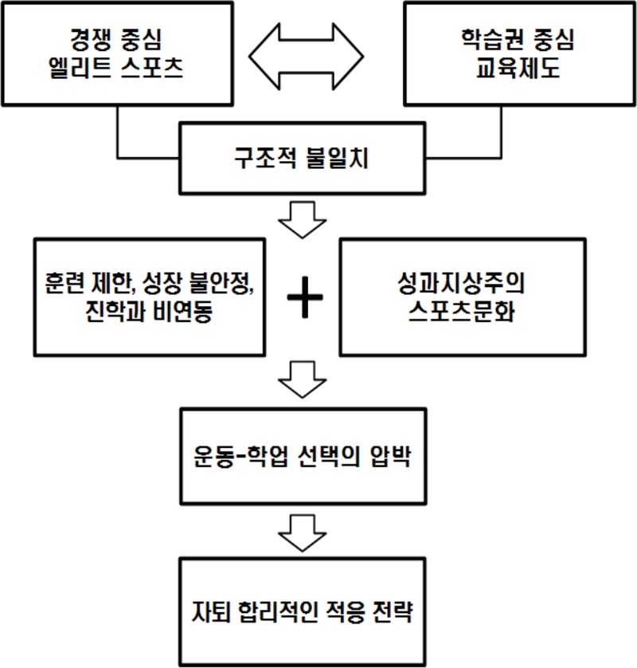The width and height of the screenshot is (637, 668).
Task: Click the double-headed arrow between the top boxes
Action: (306, 55)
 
